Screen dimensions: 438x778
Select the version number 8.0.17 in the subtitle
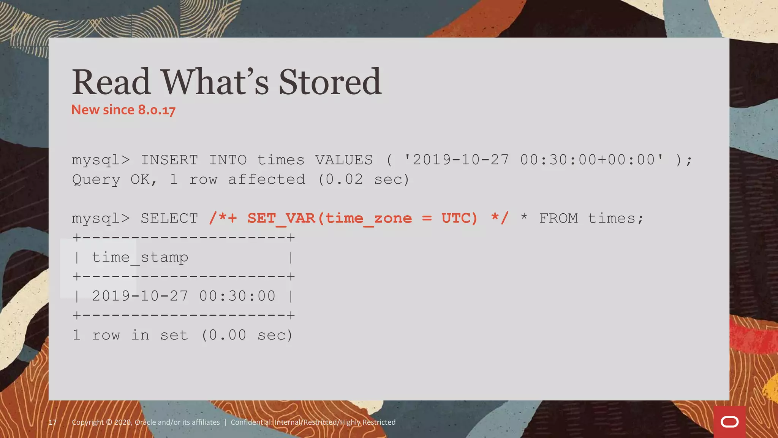tap(157, 110)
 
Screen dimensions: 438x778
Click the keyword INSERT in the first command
tap(169, 160)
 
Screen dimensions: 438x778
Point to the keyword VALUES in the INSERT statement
tap(344, 160)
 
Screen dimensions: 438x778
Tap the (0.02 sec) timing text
tap(364, 179)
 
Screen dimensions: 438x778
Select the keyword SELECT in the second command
tap(169, 219)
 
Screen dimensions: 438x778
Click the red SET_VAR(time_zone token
tap(329, 219)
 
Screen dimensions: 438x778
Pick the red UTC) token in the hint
tap(459, 219)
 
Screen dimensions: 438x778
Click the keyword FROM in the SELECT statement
tap(558, 219)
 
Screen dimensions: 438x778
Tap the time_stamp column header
tap(140, 258)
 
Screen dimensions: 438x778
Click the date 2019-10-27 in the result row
tap(140, 296)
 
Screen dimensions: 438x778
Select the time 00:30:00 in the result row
tap(237, 296)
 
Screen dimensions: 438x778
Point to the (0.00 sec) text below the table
tap(247, 335)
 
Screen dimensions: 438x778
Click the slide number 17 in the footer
tap(53, 422)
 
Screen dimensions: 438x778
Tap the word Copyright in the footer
tap(87, 422)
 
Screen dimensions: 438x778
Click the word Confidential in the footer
tap(251, 422)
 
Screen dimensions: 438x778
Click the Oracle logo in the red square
tap(729, 422)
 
